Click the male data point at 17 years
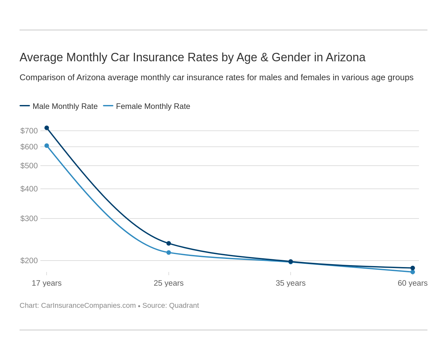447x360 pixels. click(x=47, y=128)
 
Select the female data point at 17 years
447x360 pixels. click(x=47, y=146)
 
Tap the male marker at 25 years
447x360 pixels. click(x=169, y=243)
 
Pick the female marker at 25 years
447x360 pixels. click(x=169, y=252)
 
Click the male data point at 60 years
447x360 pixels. click(x=412, y=268)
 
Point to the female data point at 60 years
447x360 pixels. click(x=412, y=272)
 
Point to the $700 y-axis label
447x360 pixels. click(x=29, y=131)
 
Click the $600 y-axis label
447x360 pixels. click(x=29, y=147)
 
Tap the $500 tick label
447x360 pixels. click(x=29, y=166)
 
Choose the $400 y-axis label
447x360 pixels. click(x=29, y=189)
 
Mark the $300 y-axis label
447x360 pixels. click(x=29, y=218)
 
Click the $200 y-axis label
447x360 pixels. click(x=29, y=261)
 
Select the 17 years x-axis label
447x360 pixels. click(x=47, y=283)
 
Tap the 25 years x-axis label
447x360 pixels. click(x=169, y=283)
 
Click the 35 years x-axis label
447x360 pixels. click(x=291, y=283)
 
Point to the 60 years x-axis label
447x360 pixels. click(x=412, y=283)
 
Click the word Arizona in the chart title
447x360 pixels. click(x=345, y=57)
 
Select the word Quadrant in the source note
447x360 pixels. click(x=184, y=306)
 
